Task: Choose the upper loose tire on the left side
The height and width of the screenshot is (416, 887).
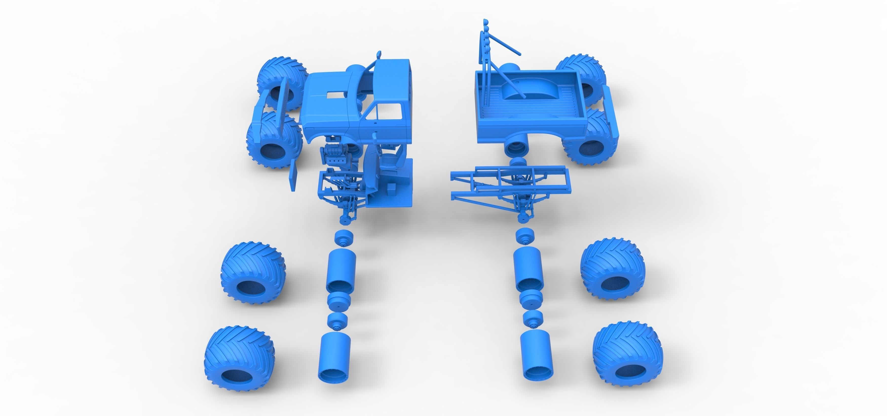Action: [252, 273]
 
